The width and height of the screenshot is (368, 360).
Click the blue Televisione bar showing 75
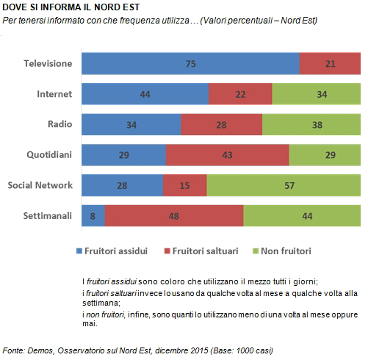point(190,63)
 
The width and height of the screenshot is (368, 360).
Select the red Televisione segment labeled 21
point(330,63)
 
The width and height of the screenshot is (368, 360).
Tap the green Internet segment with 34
point(317,94)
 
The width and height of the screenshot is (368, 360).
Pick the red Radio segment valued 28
point(222,124)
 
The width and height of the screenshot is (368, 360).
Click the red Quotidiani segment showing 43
point(227,155)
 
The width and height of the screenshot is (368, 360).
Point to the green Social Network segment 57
point(284,185)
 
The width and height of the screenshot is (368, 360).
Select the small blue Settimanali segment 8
point(93,216)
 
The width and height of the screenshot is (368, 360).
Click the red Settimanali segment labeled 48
point(174,216)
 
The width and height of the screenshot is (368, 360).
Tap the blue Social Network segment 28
point(122,185)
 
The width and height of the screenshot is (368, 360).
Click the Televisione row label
point(48,63)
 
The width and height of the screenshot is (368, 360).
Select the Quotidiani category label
point(49,155)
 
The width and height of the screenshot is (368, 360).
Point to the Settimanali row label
point(48,216)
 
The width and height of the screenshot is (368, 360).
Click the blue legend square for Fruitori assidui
point(79,251)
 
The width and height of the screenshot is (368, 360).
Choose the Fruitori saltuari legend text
point(205,251)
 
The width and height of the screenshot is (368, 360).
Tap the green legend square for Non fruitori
point(256,251)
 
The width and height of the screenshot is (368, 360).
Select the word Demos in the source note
point(40,350)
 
